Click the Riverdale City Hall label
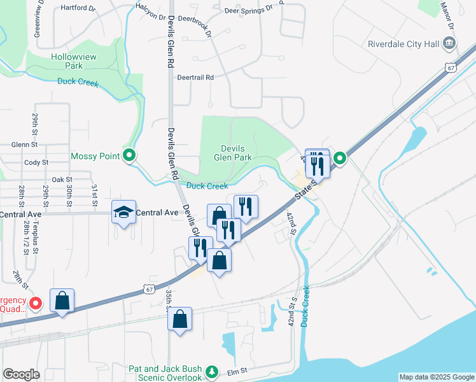coord(404,44)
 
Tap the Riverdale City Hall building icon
coord(449,43)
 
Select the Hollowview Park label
coord(74,61)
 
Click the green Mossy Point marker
coord(129,155)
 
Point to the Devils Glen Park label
coord(233,153)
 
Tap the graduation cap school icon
coord(123,213)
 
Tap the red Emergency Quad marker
coord(36,304)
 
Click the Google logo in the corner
coord(21,374)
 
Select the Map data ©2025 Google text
coord(436,377)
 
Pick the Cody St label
coord(36,162)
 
